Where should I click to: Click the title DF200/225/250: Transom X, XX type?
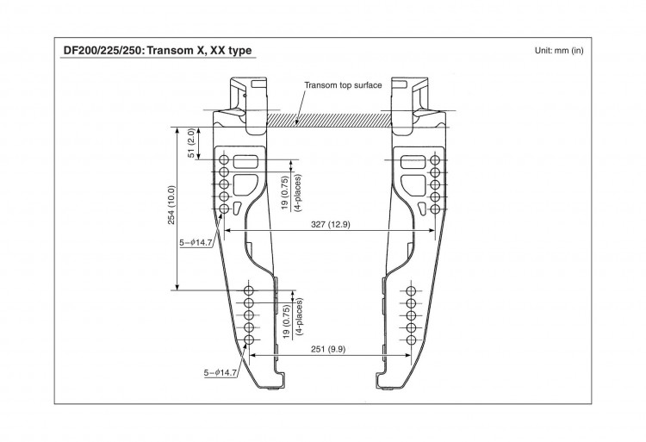coord(157,50)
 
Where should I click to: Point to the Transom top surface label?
coord(342,86)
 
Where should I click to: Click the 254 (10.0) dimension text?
coord(171,206)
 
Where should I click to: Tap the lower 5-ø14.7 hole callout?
coord(220,372)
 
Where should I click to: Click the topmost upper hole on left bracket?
coord(225,160)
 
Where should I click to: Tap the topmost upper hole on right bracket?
coord(434,160)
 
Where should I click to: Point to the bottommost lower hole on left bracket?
coord(249,341)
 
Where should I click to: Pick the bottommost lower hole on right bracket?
coord(410,341)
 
